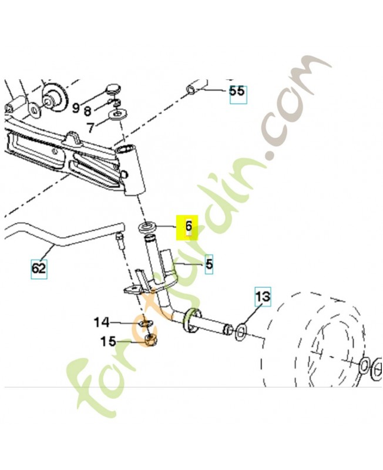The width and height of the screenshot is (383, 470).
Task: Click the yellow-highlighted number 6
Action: click(188, 227)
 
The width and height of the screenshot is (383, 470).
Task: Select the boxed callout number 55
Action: click(237, 93)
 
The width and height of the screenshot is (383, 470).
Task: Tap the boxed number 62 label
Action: click(39, 269)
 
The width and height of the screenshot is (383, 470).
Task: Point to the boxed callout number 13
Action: click(263, 297)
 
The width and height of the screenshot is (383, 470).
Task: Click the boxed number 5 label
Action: click(209, 264)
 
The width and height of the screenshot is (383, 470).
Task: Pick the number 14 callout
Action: click(102, 322)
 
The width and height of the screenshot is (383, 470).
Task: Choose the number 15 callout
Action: click(107, 341)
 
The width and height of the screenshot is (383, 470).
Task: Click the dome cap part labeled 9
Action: click(113, 90)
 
